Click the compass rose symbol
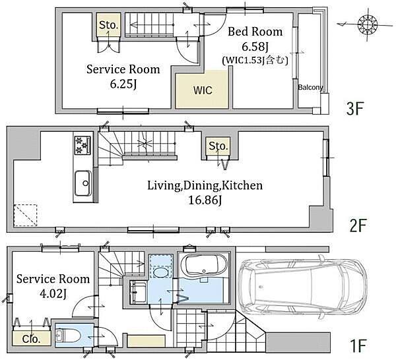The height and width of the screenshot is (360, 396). click(x=368, y=24)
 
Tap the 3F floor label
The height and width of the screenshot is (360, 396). click(x=355, y=109)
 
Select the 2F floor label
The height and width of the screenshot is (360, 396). click(x=357, y=225)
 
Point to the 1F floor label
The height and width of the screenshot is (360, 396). click(x=358, y=345)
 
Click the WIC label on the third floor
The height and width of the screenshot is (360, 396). click(x=203, y=90)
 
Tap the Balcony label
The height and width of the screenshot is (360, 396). click(x=310, y=87)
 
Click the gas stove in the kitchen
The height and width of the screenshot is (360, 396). click(x=82, y=145)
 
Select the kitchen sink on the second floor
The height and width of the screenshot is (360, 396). click(x=83, y=183)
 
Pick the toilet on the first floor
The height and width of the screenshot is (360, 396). click(x=68, y=335)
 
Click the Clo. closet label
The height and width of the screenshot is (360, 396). click(x=31, y=339)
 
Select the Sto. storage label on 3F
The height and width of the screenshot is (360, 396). click(x=109, y=25)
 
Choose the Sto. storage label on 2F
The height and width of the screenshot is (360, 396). click(x=218, y=146)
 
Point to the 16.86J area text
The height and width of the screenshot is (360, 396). click(x=205, y=200)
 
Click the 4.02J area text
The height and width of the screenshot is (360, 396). click(x=53, y=294)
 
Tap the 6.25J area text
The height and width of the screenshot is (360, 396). click(x=123, y=84)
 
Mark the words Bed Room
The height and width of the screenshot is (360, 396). click(x=255, y=32)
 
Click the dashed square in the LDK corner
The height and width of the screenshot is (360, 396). click(x=25, y=215)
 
